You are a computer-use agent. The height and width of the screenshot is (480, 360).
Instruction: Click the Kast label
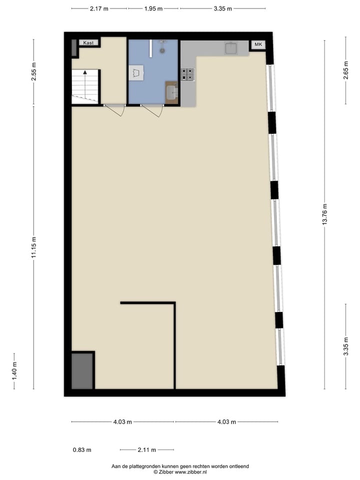click(x=89, y=43)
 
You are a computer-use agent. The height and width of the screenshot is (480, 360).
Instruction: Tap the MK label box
click(x=258, y=45)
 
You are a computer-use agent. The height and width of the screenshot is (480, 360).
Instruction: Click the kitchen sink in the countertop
click(x=231, y=48)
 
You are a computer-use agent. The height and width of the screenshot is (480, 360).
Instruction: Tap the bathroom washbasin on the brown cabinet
click(x=171, y=92)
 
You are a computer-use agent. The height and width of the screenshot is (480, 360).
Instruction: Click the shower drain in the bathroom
click(x=162, y=50)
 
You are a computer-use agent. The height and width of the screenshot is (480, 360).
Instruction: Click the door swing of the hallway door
click(x=116, y=110)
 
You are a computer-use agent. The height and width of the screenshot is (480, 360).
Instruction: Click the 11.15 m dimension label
click(x=34, y=247)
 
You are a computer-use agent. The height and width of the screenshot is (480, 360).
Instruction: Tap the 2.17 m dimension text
click(x=99, y=8)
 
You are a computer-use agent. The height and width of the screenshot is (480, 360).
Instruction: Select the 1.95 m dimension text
click(x=153, y=8)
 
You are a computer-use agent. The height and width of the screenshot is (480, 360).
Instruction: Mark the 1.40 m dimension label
click(x=14, y=370)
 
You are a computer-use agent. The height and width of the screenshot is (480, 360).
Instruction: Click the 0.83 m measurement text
click(x=82, y=449)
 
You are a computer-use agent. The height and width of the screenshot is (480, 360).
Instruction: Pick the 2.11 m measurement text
click(x=146, y=449)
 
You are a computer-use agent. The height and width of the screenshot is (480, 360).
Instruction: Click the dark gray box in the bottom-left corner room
click(x=82, y=370)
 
